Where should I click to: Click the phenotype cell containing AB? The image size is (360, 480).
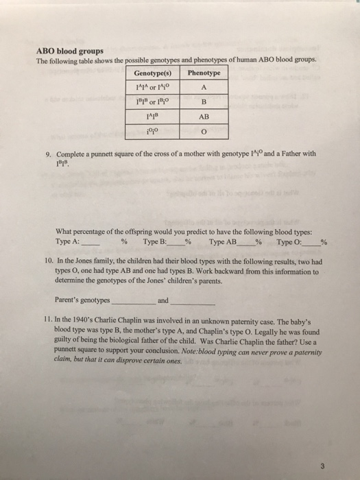click(x=204, y=117)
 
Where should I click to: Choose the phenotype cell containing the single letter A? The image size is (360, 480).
click(x=204, y=86)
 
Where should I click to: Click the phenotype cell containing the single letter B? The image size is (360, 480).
click(x=204, y=101)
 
